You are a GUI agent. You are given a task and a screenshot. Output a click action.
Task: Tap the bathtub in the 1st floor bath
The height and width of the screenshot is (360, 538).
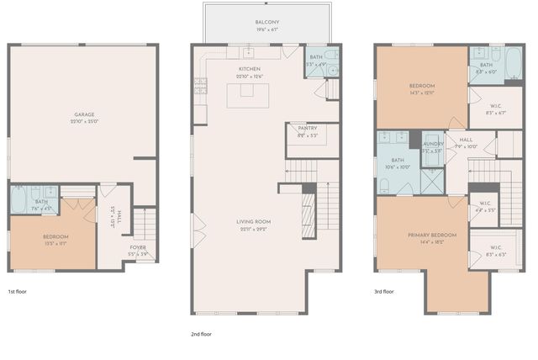(x=19, y=201)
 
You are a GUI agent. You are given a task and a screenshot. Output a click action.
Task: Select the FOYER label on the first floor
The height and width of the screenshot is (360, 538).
(x=137, y=247)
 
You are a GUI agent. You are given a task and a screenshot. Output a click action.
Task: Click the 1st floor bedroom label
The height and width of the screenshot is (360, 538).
(x=55, y=236)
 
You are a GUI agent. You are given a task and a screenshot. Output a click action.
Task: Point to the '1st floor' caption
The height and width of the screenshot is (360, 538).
(x=18, y=291)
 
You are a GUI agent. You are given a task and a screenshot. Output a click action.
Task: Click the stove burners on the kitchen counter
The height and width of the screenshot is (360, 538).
(x=200, y=83)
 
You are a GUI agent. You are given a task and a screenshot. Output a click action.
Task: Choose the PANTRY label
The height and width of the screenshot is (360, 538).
(x=307, y=128)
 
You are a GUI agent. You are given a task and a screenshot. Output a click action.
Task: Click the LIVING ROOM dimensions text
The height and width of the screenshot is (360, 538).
(x=253, y=229)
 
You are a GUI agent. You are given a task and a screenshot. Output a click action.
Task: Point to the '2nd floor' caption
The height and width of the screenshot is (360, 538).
(x=201, y=334)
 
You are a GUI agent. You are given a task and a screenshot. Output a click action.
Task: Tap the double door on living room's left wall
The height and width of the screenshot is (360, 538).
(x=196, y=225)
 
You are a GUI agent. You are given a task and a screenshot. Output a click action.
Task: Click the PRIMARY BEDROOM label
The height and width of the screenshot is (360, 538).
(x=431, y=235)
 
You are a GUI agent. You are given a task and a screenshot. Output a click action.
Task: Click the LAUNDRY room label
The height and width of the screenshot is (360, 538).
(x=433, y=144)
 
